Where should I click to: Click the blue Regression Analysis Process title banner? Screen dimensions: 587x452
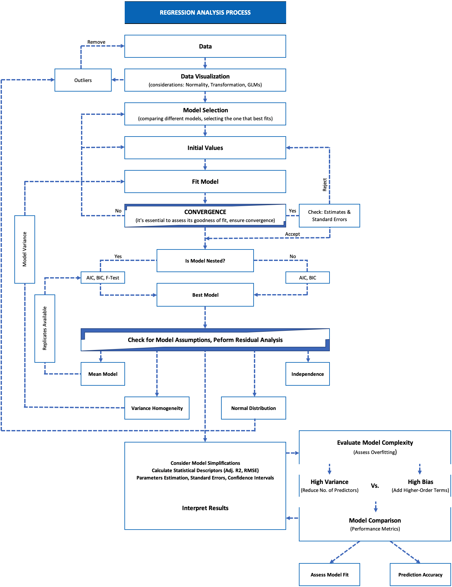205,13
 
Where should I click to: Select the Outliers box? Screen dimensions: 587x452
83,80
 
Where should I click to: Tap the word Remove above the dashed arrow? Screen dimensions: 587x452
96,42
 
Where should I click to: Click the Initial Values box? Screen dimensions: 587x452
205,148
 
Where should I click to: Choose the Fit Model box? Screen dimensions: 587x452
205,182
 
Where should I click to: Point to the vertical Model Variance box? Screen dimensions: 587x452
25,249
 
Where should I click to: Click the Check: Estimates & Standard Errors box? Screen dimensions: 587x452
329,216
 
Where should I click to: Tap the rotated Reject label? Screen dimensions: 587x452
325,185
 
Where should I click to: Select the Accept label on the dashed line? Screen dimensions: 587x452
293,234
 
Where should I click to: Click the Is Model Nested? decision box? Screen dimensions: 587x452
205,261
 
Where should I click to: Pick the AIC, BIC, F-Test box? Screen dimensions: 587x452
103,278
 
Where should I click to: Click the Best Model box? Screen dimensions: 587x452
205,295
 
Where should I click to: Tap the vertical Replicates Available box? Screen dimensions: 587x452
45,328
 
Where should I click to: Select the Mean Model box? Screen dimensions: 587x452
103,374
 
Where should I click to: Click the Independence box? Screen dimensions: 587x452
308,374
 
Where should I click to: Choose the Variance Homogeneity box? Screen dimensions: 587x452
157,408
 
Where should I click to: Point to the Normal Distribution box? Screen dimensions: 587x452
253,408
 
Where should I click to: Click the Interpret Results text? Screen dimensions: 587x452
205,508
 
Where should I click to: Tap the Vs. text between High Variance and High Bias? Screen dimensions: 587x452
375,486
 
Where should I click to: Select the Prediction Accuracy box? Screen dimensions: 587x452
420,575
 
